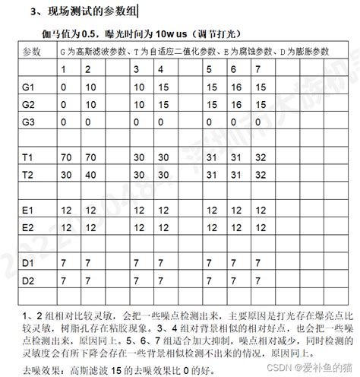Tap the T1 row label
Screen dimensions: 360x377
click(30, 157)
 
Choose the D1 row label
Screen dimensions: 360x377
click(30, 262)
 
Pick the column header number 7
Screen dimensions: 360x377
click(257, 70)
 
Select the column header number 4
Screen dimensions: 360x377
click(161, 70)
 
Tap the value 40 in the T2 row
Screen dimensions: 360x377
click(92, 174)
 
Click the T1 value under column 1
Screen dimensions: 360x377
click(67, 157)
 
